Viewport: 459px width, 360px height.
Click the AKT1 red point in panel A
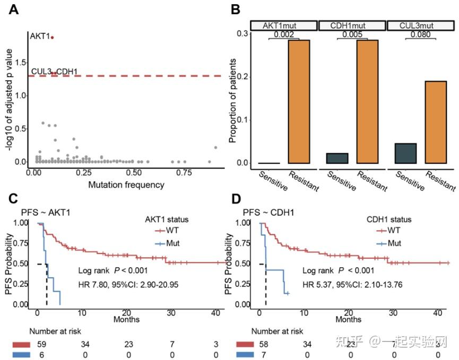tap(52, 37)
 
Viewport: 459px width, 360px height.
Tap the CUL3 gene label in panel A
tap(40, 71)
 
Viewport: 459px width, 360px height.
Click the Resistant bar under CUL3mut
tap(436, 122)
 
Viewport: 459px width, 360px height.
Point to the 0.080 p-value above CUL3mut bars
tap(421, 35)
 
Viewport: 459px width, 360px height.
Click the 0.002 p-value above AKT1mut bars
tap(284, 35)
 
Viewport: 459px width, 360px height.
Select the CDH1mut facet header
tap(352, 25)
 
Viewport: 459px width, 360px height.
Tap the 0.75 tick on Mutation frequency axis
tap(185, 172)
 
